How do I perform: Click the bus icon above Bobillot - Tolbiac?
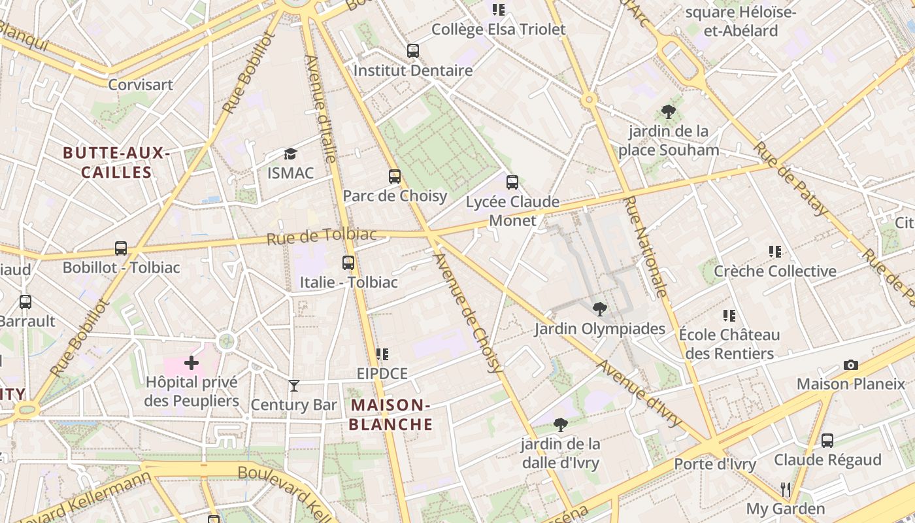[121, 248]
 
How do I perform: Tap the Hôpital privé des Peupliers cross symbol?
[191, 363]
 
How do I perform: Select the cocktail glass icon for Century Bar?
[294, 386]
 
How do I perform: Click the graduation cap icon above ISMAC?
[290, 154]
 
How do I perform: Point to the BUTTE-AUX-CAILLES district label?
[116, 163]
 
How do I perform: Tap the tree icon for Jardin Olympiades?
[599, 309]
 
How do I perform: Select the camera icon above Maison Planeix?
[850, 365]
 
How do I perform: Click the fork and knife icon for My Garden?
[786, 489]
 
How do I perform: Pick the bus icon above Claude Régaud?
[827, 441]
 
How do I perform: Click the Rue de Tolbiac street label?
[322, 236]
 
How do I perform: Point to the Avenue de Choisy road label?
[469, 312]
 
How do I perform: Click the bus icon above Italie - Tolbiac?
[348, 263]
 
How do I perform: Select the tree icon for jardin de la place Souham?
[668, 112]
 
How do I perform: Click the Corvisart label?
[141, 85]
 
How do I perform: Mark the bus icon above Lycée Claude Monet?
[512, 182]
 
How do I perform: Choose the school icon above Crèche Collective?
[775, 252]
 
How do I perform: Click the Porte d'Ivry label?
[715, 465]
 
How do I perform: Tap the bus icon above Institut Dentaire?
[412, 50]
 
